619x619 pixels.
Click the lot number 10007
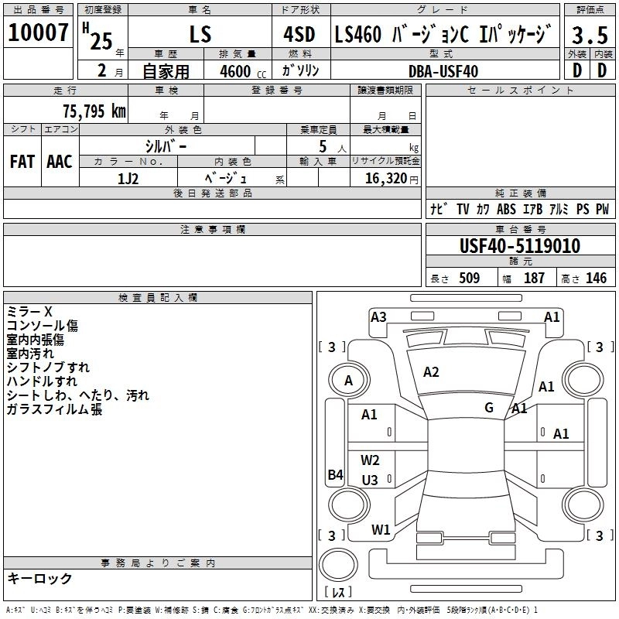[x=38, y=33]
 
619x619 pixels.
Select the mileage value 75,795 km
[x=94, y=111]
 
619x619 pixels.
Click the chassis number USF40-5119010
[x=520, y=247]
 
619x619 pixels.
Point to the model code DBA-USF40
[x=443, y=71]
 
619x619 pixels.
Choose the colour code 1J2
[x=128, y=179]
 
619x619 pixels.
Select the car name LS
[x=200, y=35]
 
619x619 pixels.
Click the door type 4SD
[x=299, y=35]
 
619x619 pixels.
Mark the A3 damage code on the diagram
[x=378, y=316]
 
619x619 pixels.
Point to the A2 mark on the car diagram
[x=431, y=372]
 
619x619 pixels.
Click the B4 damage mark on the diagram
[x=335, y=475]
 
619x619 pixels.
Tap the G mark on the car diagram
[x=489, y=407]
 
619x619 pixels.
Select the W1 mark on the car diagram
[x=380, y=530]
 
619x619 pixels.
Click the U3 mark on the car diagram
[x=370, y=480]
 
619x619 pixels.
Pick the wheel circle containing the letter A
[x=348, y=381]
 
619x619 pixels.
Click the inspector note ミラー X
[x=30, y=312]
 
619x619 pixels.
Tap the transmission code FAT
[x=22, y=162]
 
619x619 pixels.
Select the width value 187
[x=534, y=279]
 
